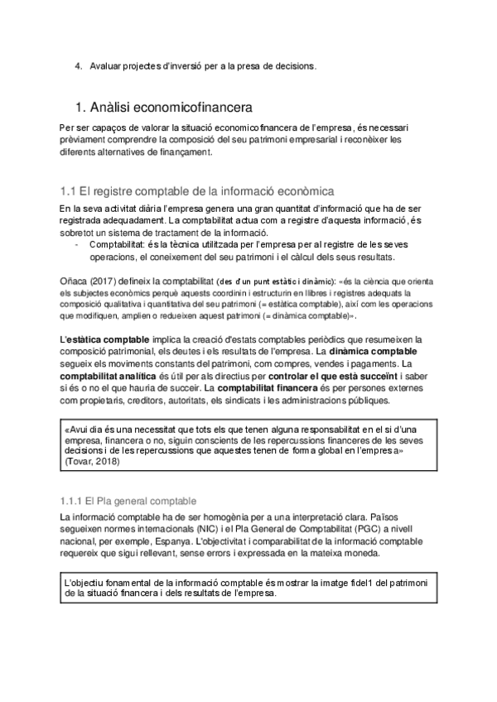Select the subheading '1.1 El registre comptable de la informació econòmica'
click(x=196, y=190)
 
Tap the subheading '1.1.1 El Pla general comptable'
click(x=128, y=501)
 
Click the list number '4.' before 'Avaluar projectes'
click(x=79, y=65)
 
